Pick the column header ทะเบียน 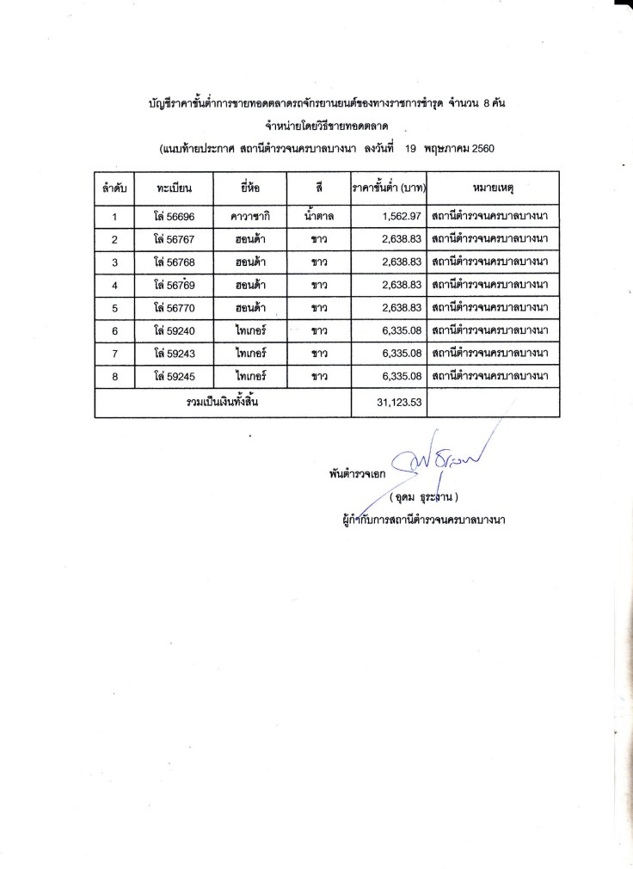click(174, 187)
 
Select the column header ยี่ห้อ click(249, 187)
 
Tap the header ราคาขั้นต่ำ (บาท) click(389, 187)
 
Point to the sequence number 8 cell click(114, 377)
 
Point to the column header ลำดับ click(114, 187)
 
